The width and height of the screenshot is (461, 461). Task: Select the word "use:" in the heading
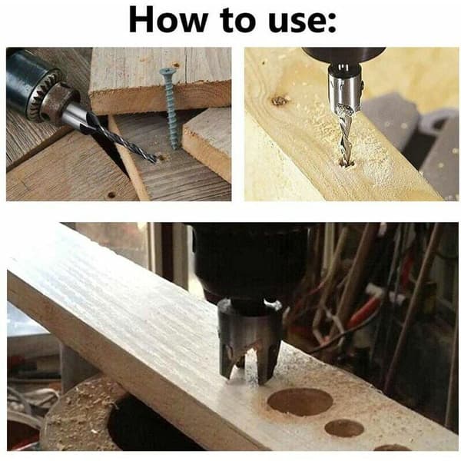[302, 22]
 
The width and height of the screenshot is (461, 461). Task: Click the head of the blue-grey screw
[164, 71]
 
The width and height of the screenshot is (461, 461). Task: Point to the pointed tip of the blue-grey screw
[174, 148]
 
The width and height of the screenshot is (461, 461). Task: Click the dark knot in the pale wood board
[279, 101]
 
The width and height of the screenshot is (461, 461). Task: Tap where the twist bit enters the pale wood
[346, 164]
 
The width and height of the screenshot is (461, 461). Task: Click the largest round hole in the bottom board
[300, 402]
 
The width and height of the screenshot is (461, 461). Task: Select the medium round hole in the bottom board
[344, 429]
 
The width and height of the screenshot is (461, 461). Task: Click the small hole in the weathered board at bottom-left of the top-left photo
[111, 194]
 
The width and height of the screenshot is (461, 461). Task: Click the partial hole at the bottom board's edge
[393, 447]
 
